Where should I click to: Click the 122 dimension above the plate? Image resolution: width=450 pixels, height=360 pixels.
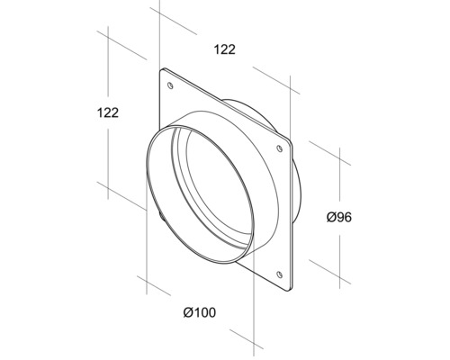point(225,50)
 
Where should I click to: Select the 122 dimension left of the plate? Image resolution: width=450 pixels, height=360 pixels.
point(109,113)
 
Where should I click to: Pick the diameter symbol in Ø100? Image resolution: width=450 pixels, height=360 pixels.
point(186,312)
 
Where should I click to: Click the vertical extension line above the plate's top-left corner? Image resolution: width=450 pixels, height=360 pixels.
point(158,36)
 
